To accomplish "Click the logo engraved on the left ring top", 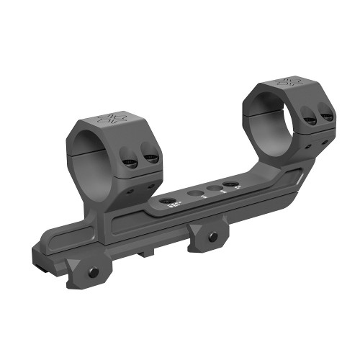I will pyautogui.click(x=111, y=117).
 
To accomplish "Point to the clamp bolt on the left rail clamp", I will pyautogui.click(x=93, y=272).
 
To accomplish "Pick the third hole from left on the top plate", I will pyautogui.click(x=212, y=189).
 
